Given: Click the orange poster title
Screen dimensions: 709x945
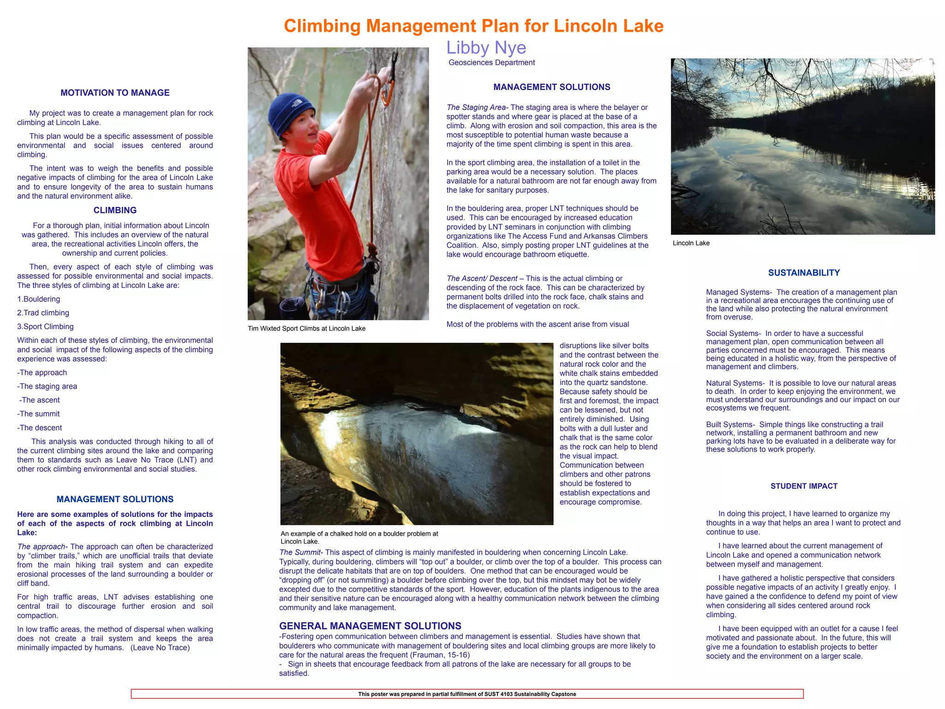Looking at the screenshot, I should (x=473, y=26).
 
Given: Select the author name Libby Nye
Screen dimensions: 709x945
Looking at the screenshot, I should (x=486, y=48).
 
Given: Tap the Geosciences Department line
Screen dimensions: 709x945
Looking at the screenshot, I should (x=491, y=63).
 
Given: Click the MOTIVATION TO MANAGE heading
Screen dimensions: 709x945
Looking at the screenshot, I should (x=115, y=93).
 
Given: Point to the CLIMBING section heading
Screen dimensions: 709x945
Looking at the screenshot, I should (x=115, y=210).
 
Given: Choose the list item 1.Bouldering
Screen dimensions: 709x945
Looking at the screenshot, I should (x=39, y=299).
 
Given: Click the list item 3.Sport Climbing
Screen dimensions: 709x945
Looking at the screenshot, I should (x=45, y=327).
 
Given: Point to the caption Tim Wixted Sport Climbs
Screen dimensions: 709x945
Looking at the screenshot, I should (x=306, y=329).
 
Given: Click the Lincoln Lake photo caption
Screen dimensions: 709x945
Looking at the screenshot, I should (x=691, y=243).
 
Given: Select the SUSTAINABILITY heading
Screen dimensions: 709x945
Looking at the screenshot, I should (x=804, y=273).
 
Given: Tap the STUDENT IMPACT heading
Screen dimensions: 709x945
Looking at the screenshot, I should (x=804, y=486).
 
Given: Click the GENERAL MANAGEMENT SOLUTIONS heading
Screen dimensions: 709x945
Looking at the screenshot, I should (x=370, y=626).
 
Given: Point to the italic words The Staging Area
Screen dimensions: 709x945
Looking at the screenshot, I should (x=476, y=108).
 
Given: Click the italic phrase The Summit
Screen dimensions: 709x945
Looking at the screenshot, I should (x=300, y=553).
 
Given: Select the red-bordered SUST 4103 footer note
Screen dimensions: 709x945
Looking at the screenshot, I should (x=467, y=694).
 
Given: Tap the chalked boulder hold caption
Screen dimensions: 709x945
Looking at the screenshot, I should (x=359, y=537).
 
